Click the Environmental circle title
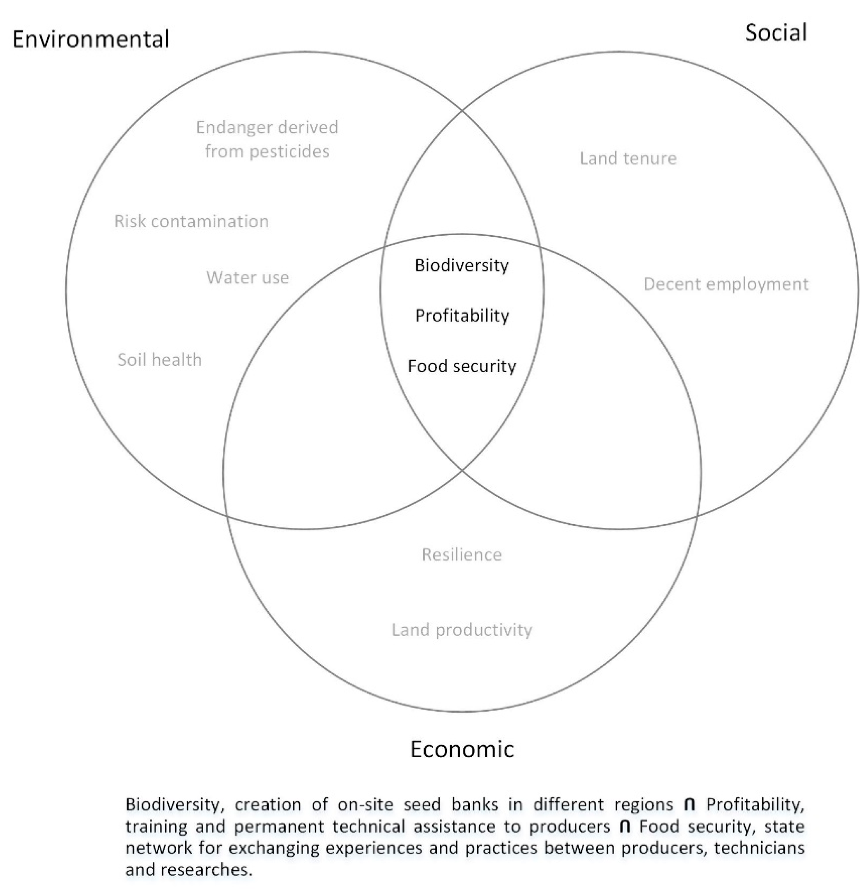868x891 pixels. (x=91, y=39)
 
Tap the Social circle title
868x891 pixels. (x=776, y=33)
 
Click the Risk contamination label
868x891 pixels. (x=191, y=221)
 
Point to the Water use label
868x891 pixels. (x=248, y=277)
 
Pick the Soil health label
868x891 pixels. (x=159, y=360)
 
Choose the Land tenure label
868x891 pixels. (x=628, y=159)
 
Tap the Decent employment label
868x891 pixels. (x=726, y=284)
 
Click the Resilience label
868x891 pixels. (x=461, y=554)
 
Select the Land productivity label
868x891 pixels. (x=461, y=630)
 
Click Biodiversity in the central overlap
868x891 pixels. (x=461, y=265)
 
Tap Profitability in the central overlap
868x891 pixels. (x=462, y=316)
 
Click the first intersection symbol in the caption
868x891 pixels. (x=690, y=805)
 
